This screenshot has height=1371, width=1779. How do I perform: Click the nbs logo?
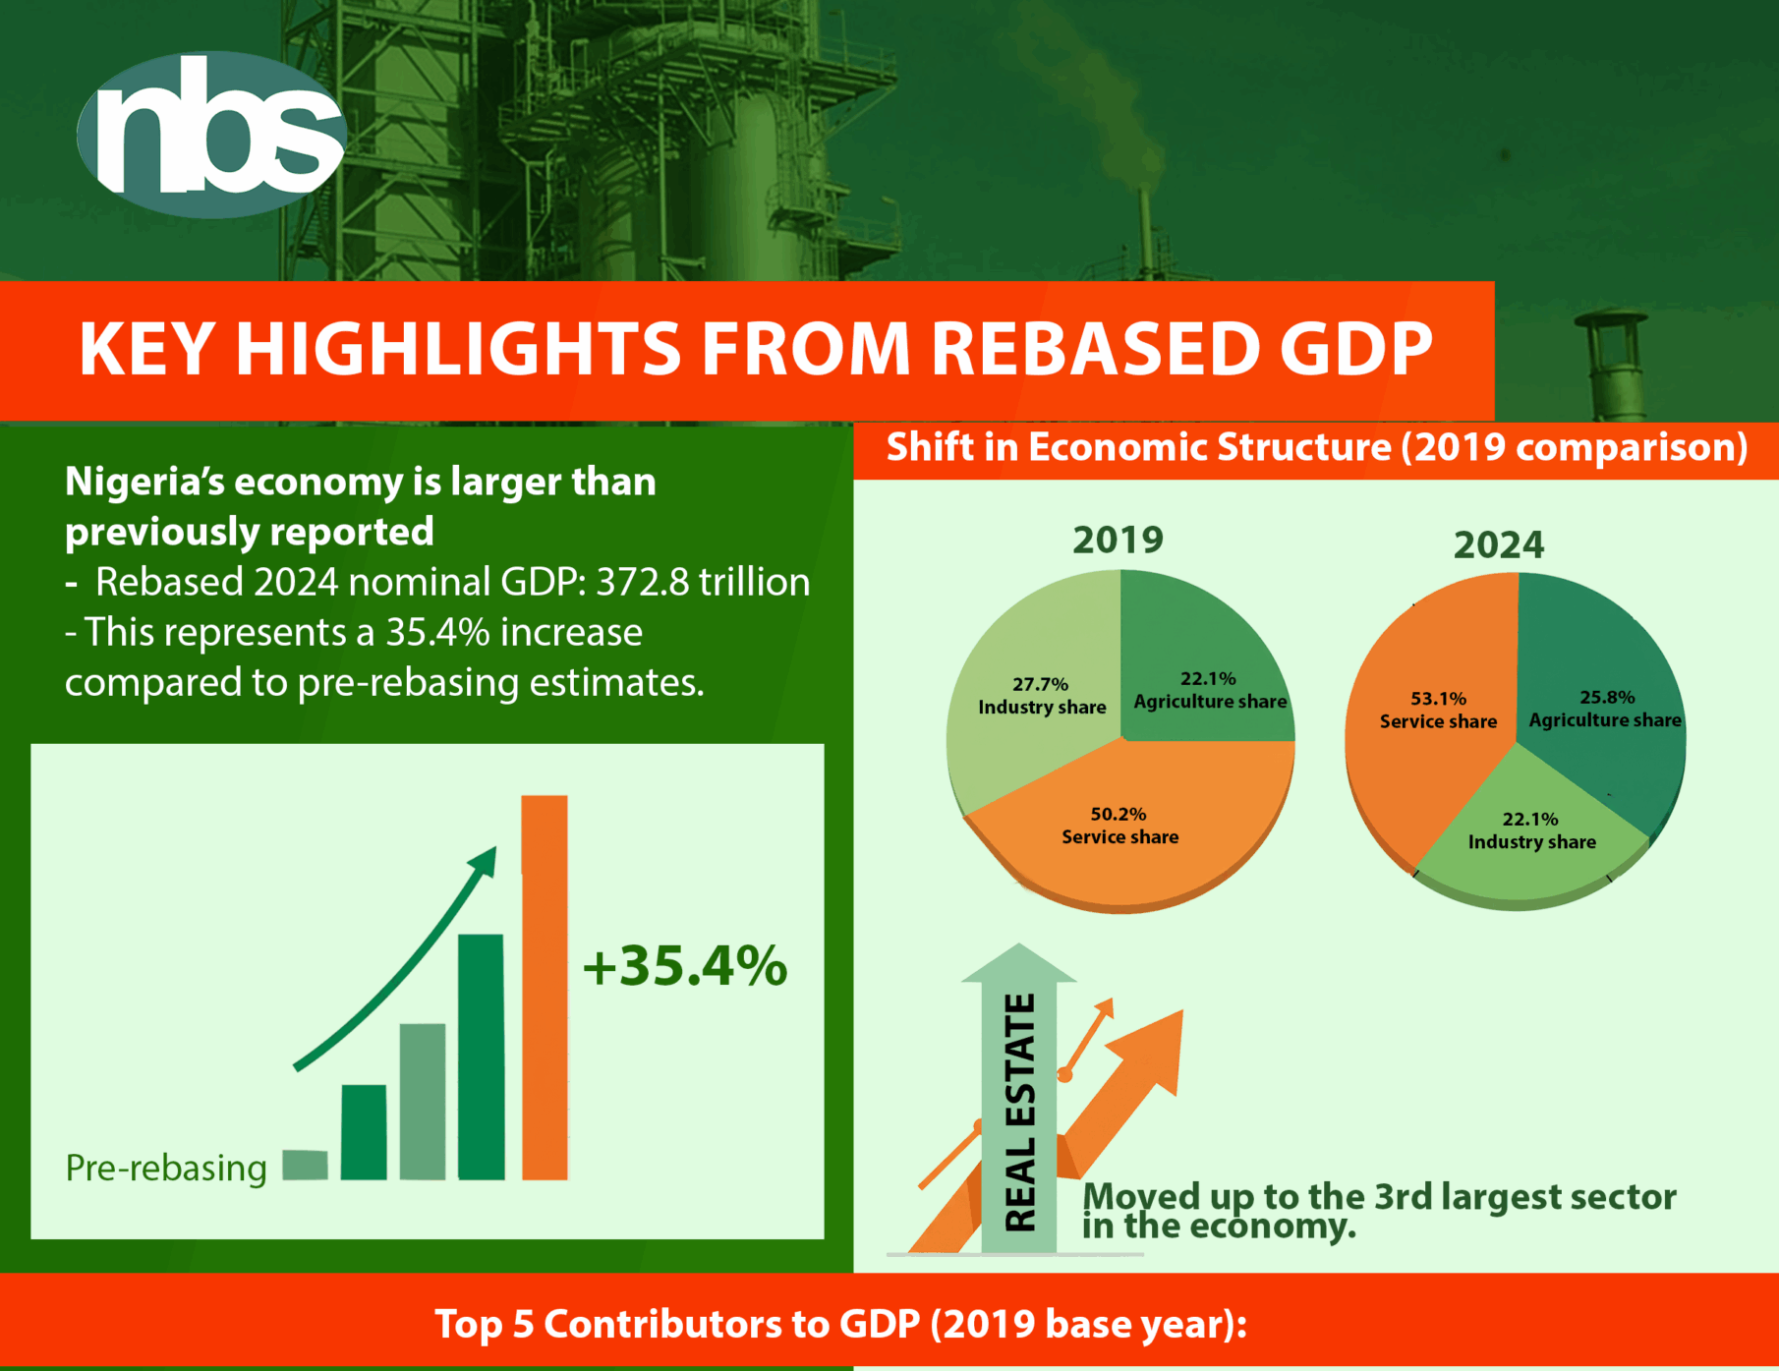click(x=211, y=134)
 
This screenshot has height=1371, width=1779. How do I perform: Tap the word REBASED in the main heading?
click(x=1094, y=349)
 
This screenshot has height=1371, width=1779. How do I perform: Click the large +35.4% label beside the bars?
click(x=685, y=966)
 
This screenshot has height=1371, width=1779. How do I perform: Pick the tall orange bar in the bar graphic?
click(x=545, y=987)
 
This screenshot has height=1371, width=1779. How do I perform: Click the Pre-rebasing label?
click(x=166, y=1168)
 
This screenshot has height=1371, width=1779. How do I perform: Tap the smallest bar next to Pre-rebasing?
click(x=305, y=1165)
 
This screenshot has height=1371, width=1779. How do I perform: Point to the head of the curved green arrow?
click(x=484, y=861)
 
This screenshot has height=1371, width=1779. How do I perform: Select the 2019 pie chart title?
click(x=1118, y=540)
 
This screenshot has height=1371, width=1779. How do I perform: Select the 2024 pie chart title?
click(x=1499, y=544)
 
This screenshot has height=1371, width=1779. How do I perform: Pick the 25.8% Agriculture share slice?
click(x=1602, y=708)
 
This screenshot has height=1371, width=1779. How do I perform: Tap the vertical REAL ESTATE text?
click(x=1020, y=1113)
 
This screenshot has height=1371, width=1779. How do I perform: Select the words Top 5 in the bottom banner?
click(x=486, y=1325)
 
